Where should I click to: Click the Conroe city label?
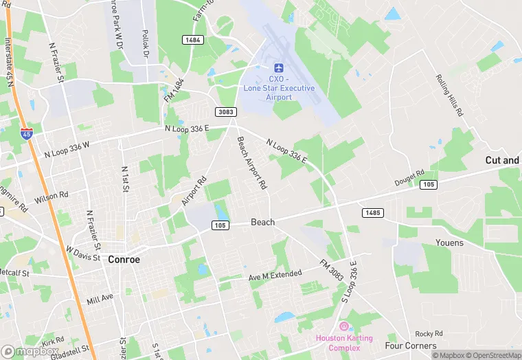124,260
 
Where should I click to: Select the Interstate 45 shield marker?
26,133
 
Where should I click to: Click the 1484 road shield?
193,41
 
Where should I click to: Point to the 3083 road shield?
225,112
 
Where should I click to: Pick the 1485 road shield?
372,213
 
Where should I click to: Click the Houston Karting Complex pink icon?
344,326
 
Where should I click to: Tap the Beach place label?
262,222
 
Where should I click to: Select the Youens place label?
449,243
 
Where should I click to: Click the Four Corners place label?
411,346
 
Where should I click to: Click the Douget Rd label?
409,179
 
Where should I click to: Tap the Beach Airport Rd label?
252,164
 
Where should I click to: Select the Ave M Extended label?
275,275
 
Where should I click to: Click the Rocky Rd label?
428,333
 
